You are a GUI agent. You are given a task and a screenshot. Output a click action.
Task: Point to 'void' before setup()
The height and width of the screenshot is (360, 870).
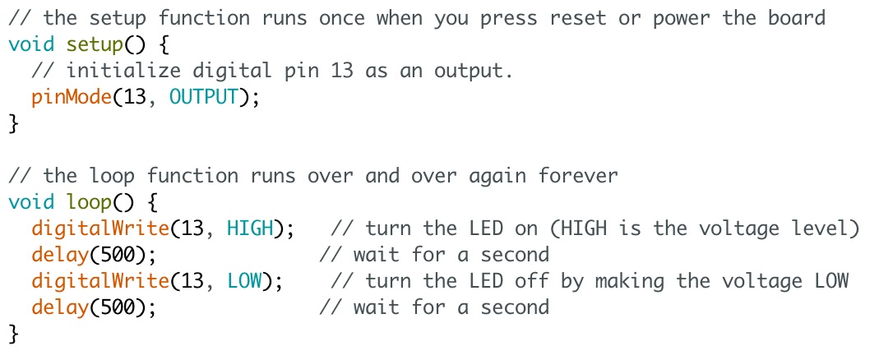click(x=31, y=44)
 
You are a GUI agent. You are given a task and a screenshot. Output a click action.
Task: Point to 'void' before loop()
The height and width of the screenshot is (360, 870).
click(x=31, y=202)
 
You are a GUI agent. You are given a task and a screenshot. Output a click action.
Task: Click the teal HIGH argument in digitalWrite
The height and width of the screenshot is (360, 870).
click(x=250, y=228)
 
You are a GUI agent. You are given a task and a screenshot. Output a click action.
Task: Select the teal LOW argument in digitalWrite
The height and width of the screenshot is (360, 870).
click(x=244, y=281)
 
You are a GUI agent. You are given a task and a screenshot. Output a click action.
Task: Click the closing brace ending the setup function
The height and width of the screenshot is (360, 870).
click(x=12, y=124)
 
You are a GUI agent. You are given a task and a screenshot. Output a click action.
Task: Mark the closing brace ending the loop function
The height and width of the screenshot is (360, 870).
click(x=12, y=334)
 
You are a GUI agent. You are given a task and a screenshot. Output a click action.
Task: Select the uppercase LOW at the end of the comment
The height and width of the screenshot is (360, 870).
click(x=831, y=281)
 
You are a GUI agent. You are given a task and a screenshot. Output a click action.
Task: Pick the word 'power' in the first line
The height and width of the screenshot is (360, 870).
click(x=682, y=18)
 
